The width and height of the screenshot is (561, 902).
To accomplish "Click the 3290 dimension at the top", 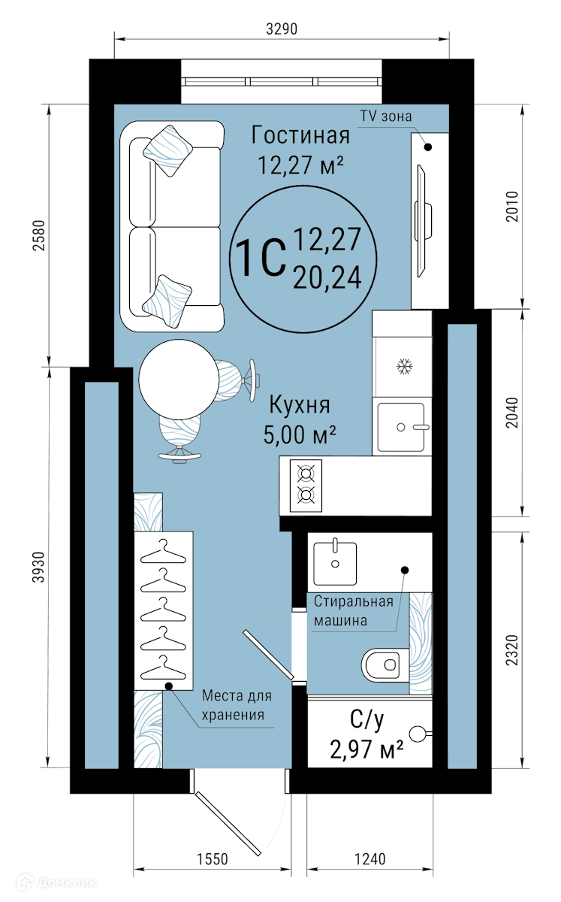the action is [x=282, y=29].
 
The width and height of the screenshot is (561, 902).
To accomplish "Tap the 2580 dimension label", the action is [x=40, y=235].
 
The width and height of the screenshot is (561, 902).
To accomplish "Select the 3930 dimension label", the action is [x=40, y=567].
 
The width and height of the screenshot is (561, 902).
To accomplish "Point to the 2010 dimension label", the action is [x=512, y=206].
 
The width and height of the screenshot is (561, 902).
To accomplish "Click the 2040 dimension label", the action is [x=512, y=413].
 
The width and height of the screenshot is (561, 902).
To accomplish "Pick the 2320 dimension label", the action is [x=512, y=650].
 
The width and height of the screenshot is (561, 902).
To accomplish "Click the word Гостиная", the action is [x=300, y=135].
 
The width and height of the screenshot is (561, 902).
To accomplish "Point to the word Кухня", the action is [x=300, y=404].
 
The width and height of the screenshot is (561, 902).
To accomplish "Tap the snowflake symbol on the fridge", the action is [x=404, y=366].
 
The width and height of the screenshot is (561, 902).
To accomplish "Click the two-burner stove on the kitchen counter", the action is [x=306, y=486].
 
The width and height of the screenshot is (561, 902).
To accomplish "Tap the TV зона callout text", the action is [x=386, y=117].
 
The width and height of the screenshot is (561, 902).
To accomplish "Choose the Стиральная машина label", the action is [x=353, y=611].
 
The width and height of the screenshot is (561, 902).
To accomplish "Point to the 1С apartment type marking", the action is [x=261, y=258].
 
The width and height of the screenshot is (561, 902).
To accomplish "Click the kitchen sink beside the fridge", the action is [x=401, y=427].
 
